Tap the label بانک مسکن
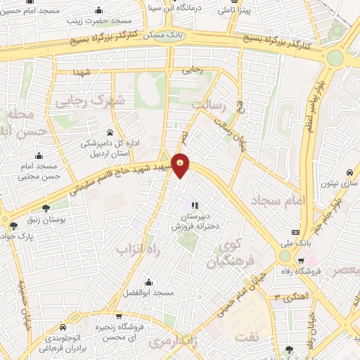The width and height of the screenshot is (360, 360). coord(167,34)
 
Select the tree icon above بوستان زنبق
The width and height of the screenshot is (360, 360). coord(46,208)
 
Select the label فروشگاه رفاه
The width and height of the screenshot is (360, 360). coord(300,270)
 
